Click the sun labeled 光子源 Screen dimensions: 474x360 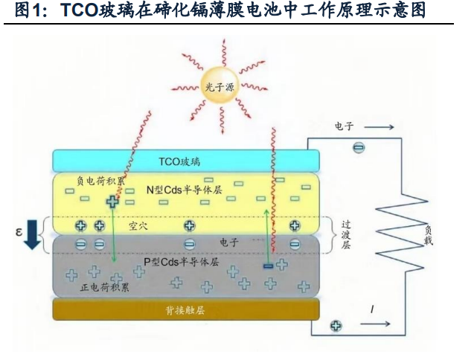pos(220,87)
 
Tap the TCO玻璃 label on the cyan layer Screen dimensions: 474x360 pos(179,161)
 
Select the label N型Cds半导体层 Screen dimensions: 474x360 pos(185,190)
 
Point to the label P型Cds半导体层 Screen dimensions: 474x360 pos(181,262)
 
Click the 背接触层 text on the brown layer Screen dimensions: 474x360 pos(185,310)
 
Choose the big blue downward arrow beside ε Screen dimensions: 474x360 pos(32,234)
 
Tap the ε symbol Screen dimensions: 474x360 pos(19,232)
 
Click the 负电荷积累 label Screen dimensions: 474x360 pos(100,181)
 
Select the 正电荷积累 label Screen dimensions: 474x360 pos(105,286)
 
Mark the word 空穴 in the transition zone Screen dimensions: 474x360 pos(138,226)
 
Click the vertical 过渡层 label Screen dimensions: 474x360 pos(346,234)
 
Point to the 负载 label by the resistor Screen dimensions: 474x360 pos(429,235)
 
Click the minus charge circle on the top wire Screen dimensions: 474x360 pos(359,148)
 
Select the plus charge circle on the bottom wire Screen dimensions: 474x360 pos(336,326)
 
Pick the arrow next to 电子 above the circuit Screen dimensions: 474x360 pos(379,127)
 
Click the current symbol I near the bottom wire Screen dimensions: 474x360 pos(372,309)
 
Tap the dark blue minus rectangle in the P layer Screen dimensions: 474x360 pos(269,266)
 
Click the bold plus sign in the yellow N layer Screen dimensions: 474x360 pos(112,202)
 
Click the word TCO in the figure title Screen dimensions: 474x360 pos(78,10)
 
